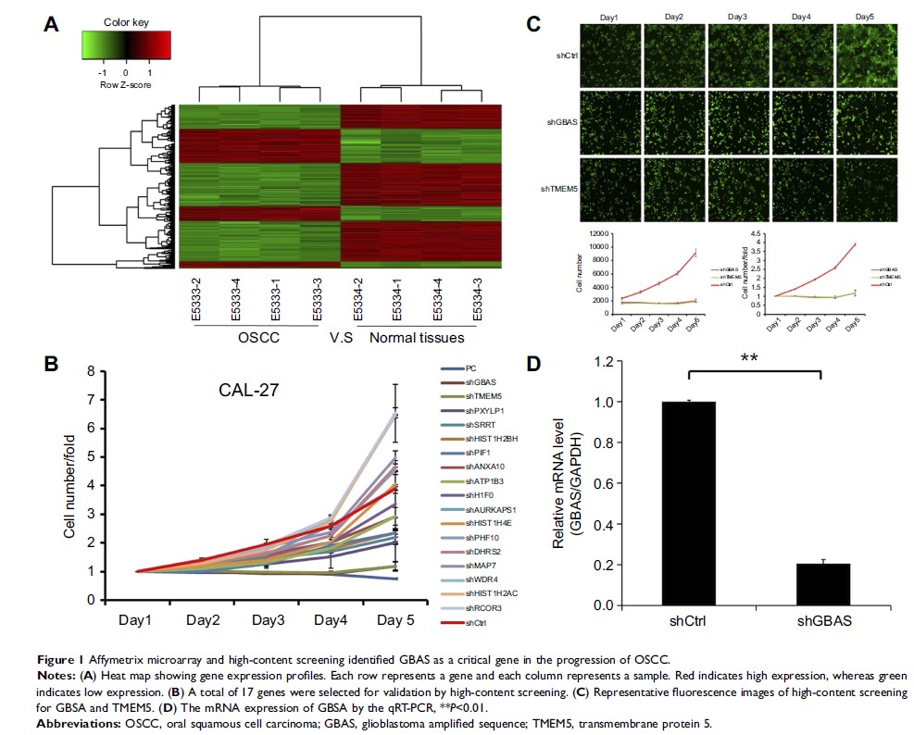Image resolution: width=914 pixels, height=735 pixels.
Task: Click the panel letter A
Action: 53,27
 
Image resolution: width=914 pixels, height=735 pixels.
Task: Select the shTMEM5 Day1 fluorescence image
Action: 607,188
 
